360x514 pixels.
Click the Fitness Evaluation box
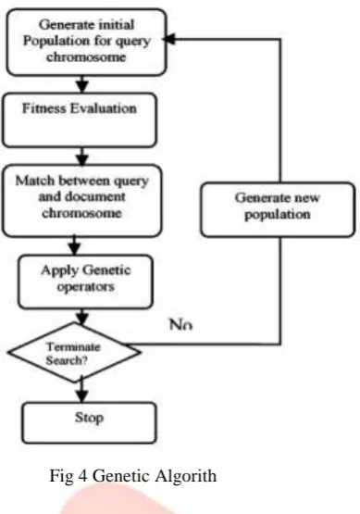(x=80, y=120)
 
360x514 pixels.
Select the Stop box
(x=89, y=423)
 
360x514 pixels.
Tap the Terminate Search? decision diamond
(x=74, y=353)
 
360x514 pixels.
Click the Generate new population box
(x=278, y=209)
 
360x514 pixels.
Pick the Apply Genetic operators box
(x=85, y=282)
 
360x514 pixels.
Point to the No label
(x=180, y=324)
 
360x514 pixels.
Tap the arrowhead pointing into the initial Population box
(x=169, y=39)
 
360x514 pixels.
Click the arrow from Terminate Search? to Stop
(x=81, y=390)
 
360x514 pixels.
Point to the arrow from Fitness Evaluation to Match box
(x=81, y=156)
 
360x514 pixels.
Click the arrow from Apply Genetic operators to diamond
(x=81, y=317)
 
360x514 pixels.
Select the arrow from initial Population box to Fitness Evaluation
(x=82, y=84)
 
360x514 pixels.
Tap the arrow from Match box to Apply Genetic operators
(x=75, y=245)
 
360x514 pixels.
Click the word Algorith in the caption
(x=186, y=476)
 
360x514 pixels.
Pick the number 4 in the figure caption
(x=83, y=476)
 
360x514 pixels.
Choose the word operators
(x=86, y=287)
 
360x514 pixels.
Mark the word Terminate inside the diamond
(x=73, y=346)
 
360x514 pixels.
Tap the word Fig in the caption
(x=61, y=476)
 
